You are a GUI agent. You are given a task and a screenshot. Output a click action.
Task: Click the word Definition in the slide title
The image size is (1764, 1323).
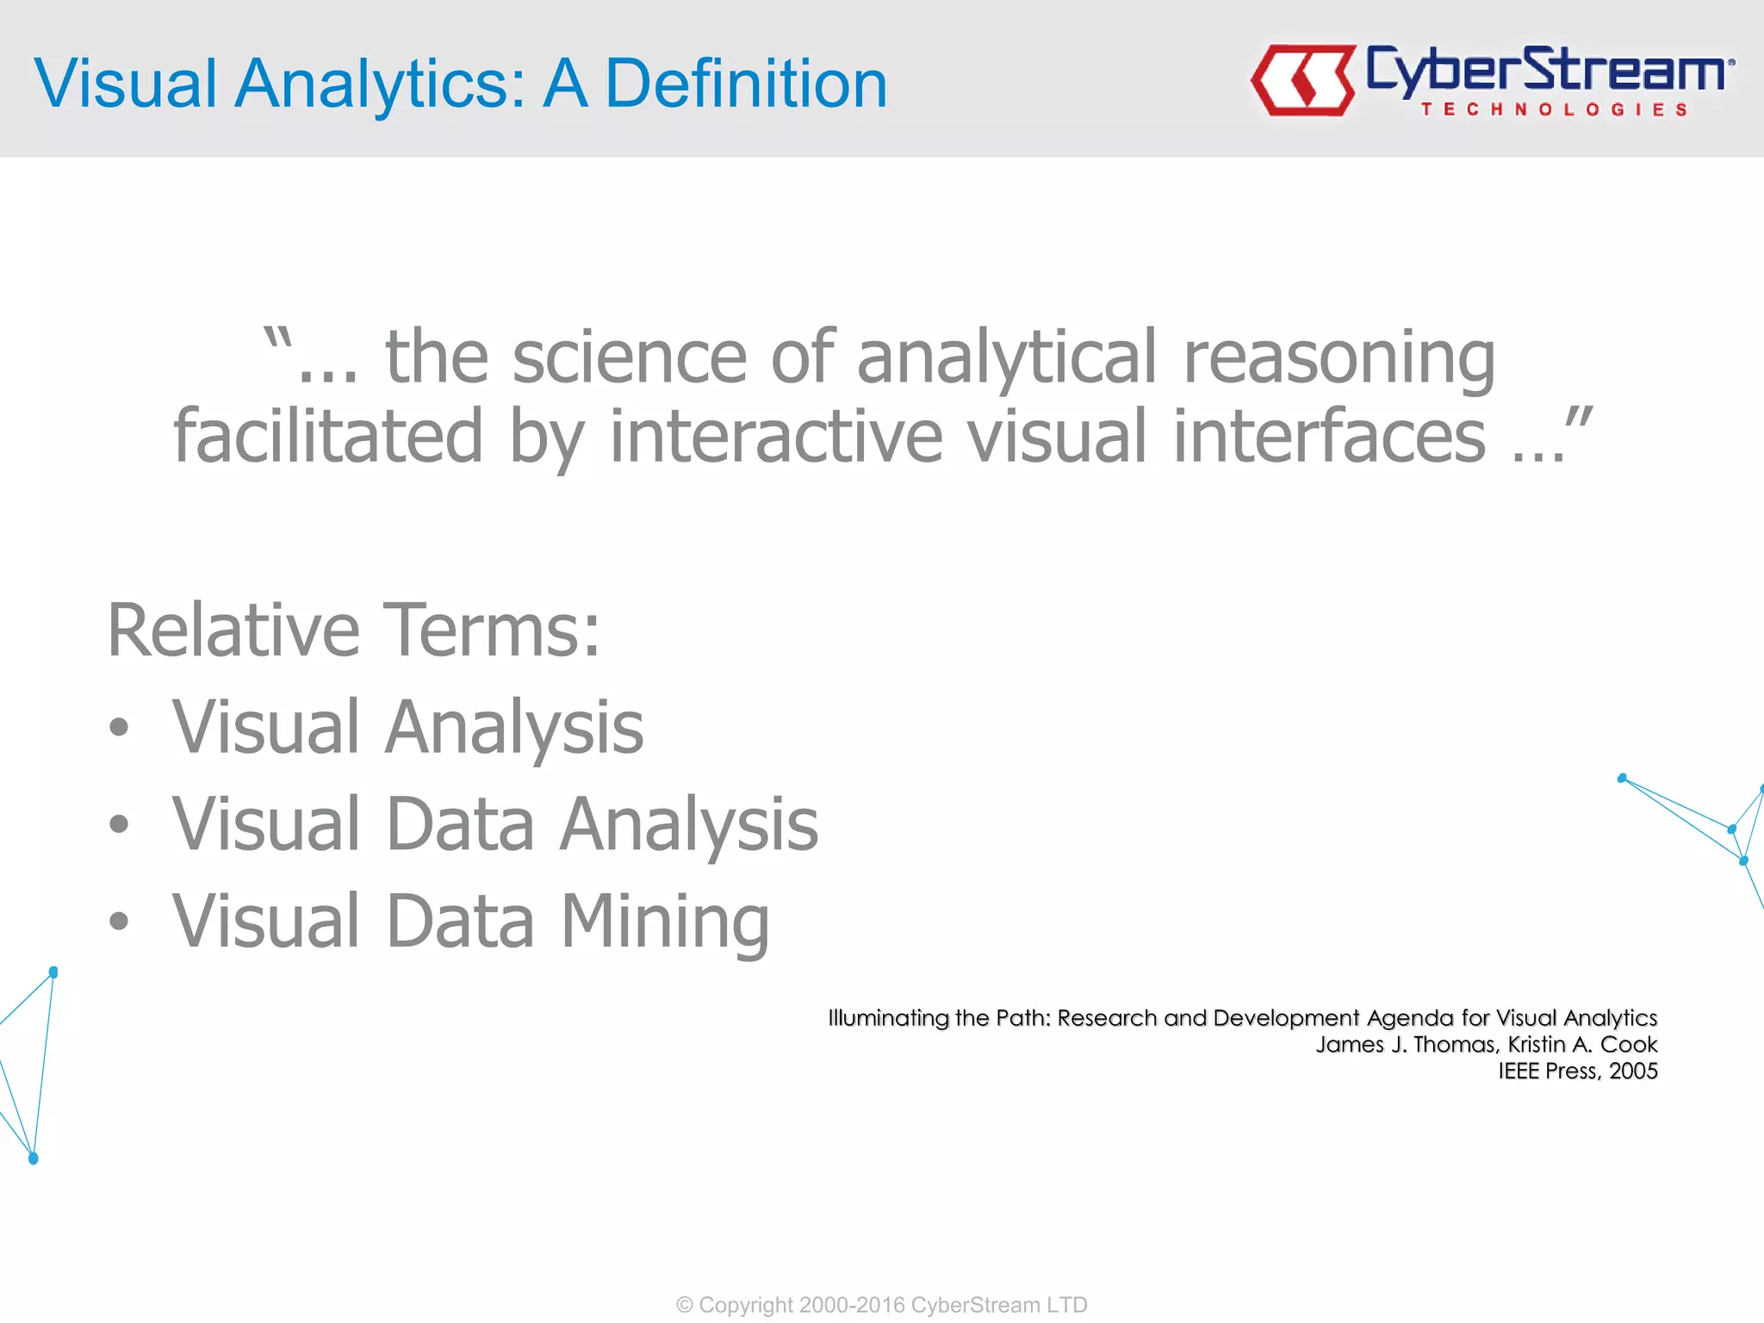[x=746, y=84]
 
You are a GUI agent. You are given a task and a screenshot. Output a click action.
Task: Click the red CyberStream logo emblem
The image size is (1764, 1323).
[x=1302, y=80]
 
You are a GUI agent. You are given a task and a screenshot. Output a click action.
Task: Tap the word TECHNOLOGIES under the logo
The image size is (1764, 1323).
[x=1554, y=109]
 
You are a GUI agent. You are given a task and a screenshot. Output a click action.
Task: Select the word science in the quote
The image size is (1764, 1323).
[x=630, y=357]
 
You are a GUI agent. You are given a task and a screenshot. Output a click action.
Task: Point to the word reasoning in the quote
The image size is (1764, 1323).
[x=1339, y=357]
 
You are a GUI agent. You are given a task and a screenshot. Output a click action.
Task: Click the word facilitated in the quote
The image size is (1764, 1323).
[x=328, y=437]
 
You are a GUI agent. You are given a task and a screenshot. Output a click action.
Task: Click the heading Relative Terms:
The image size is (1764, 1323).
[x=353, y=630]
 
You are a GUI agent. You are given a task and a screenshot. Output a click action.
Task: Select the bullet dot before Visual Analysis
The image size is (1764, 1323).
[x=119, y=728]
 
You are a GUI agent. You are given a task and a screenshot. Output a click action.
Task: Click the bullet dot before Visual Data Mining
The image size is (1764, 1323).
[x=119, y=922]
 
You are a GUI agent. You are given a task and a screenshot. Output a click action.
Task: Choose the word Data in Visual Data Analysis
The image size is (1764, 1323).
[x=460, y=824]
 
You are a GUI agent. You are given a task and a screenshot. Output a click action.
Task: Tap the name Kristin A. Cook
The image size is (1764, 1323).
[x=1582, y=1045]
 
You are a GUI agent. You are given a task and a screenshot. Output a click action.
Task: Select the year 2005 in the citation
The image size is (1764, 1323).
[x=1633, y=1071]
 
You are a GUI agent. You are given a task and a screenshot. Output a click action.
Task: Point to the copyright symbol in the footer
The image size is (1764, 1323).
[x=685, y=1305]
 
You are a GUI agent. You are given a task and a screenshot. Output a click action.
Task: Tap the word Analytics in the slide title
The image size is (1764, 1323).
[x=380, y=84]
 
